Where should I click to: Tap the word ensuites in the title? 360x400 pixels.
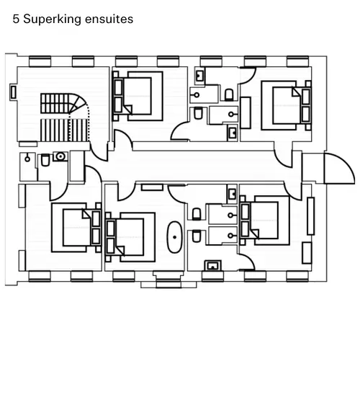[109, 19]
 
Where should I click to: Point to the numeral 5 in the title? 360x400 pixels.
[16, 19]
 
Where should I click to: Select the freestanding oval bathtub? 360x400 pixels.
[174, 237]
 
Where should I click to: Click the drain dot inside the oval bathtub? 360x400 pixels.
[174, 237]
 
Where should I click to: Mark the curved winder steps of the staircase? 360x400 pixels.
[78, 103]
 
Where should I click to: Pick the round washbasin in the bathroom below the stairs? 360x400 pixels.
[60, 156]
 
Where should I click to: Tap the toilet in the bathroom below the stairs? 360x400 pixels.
[45, 160]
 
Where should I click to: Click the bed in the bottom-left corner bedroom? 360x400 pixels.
[76, 228]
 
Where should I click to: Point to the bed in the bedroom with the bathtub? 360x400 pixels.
[130, 237]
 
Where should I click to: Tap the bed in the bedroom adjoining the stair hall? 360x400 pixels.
[138, 96]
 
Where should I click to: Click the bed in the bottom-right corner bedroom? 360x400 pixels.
[265, 220]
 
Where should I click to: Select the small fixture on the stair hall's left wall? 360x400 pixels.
[14, 92]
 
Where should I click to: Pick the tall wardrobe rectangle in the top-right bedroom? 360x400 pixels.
[246, 112]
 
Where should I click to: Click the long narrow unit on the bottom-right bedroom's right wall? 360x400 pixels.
[310, 215]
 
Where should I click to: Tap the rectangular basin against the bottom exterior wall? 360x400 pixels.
[213, 265]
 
